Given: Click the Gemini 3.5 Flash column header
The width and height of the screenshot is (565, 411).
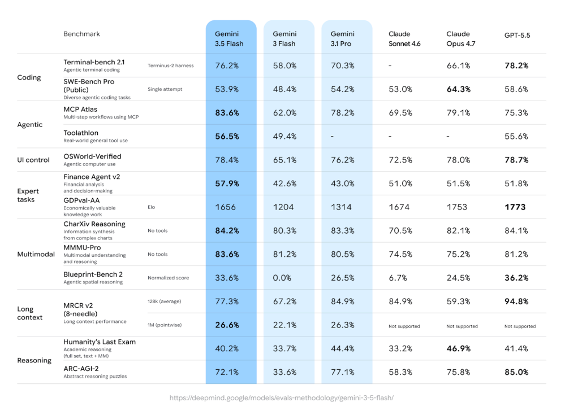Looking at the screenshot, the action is [229, 39].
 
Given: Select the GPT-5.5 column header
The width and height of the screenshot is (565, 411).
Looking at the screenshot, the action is [517, 35].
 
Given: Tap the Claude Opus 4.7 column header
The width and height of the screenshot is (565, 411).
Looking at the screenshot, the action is [461, 39].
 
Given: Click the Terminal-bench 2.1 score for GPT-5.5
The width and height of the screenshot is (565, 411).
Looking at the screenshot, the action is [516, 65].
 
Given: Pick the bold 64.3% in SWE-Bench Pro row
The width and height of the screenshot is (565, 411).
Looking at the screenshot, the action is [458, 89].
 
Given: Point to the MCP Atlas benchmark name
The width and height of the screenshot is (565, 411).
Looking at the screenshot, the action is [80, 110].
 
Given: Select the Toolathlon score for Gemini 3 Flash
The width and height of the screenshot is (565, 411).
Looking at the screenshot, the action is [284, 136].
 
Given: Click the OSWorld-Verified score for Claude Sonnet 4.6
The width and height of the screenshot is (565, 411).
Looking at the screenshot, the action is [400, 160].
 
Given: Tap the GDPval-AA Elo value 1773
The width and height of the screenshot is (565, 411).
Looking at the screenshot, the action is [515, 207].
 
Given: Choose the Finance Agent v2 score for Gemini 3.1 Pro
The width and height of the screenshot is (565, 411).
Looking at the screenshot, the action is [342, 183].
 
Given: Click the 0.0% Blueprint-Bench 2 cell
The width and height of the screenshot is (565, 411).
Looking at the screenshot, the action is [282, 278].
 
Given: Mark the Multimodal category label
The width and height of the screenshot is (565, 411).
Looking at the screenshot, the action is [36, 254].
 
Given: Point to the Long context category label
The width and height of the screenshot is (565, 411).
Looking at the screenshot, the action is [30, 313].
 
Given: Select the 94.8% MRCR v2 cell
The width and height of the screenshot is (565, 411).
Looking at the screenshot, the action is [516, 301].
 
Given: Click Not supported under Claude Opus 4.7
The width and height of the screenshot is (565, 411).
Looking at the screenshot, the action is [462, 326].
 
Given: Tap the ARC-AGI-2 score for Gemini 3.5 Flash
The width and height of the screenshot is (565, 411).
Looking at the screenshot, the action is [227, 372].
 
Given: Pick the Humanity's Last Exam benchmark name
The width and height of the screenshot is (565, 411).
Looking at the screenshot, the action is [100, 342].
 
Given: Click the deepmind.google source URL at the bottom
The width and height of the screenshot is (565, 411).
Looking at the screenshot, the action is [282, 397].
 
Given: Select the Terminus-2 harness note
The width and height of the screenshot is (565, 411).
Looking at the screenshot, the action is [170, 65].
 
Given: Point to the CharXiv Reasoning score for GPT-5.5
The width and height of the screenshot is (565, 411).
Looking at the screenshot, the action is [516, 231].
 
